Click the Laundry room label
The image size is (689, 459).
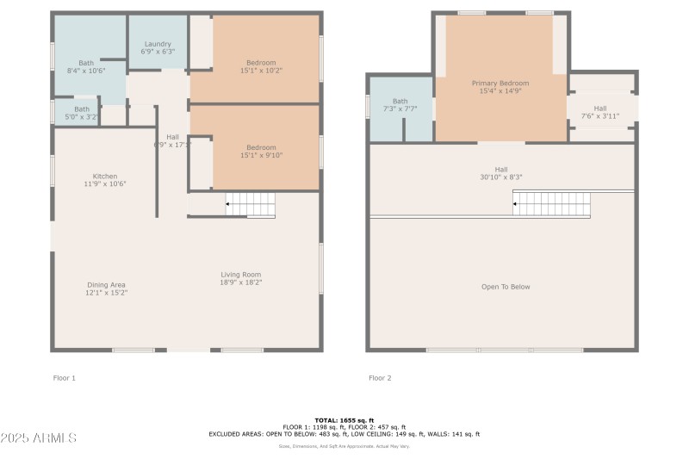tap(158, 44)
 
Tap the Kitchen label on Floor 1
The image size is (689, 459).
tap(105, 176)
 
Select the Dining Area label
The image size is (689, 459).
tap(105, 285)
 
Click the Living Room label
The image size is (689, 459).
tap(240, 275)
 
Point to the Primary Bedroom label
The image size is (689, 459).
tap(500, 83)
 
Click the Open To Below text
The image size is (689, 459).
tap(506, 287)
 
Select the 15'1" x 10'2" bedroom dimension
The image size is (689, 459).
tap(261, 71)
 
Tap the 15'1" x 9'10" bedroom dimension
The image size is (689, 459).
tap(261, 156)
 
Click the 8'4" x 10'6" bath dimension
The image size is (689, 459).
tap(86, 71)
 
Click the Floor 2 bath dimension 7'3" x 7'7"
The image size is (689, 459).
tap(400, 109)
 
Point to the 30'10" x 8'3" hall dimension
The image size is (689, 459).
tap(501, 177)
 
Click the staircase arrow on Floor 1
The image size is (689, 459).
tap(228, 205)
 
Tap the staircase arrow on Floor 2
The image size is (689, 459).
tap(516, 205)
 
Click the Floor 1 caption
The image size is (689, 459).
tap(65, 378)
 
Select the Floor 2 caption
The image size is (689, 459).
tap(380, 378)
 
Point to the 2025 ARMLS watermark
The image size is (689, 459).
tap(39, 438)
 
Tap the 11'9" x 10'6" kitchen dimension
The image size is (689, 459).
tap(105, 184)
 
